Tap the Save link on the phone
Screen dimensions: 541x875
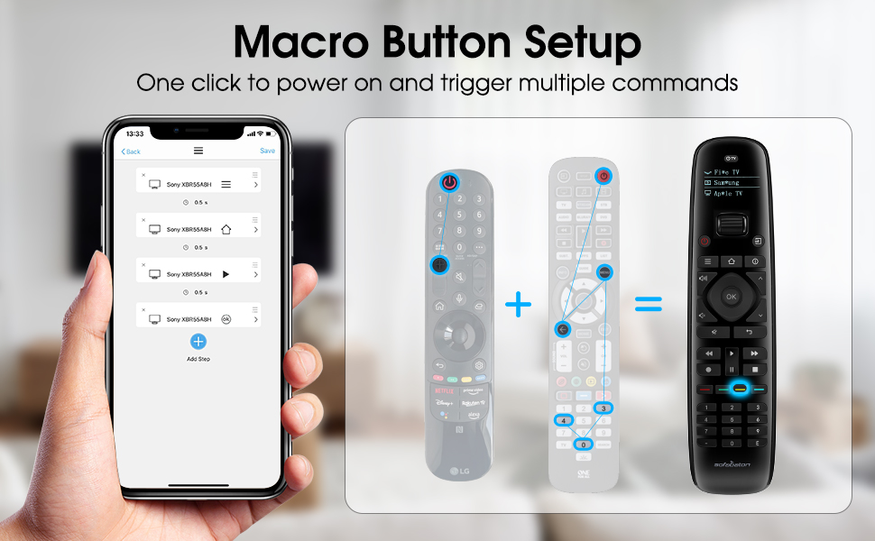coord(267,151)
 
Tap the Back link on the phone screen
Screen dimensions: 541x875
coord(132,151)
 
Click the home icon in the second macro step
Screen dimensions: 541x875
coord(226,229)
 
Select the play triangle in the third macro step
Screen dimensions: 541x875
coord(226,273)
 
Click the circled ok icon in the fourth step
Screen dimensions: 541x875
coord(226,318)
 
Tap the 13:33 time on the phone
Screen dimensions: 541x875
coord(135,133)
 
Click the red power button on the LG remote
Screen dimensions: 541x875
coord(449,183)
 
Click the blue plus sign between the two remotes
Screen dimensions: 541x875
coord(519,305)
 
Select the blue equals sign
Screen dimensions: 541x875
coord(648,305)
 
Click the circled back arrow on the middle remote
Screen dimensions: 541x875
coord(561,329)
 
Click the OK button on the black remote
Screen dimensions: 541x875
coord(731,297)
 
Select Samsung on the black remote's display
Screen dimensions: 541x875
coord(726,182)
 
